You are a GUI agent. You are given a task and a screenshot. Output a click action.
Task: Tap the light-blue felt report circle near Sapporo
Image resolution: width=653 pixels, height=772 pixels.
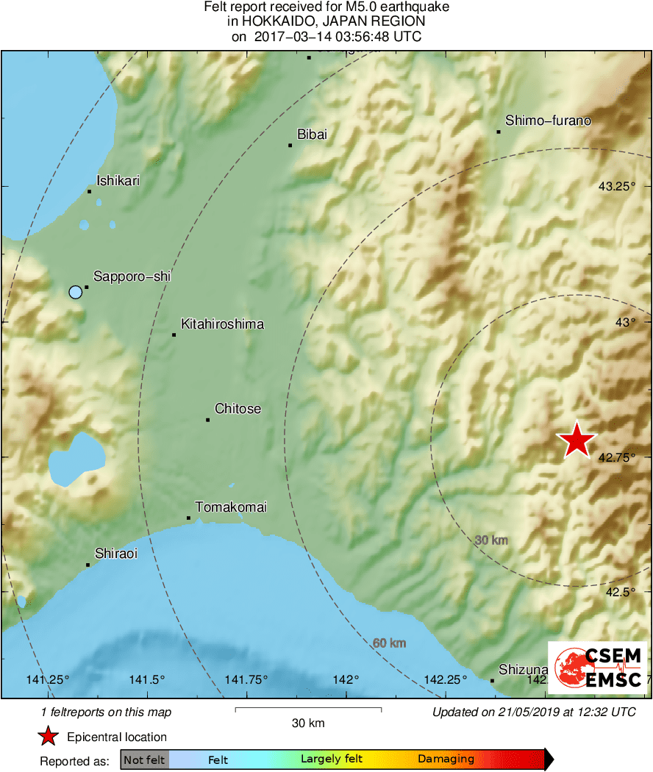[x=75, y=293]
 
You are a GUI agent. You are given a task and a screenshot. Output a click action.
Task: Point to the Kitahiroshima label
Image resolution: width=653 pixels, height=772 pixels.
[x=222, y=324]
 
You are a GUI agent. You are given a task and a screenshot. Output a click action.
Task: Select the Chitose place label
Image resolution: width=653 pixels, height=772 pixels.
[x=238, y=409]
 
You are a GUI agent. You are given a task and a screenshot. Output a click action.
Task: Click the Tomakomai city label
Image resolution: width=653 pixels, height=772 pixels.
[x=231, y=507]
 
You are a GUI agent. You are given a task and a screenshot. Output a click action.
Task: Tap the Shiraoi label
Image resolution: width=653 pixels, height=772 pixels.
[x=116, y=554]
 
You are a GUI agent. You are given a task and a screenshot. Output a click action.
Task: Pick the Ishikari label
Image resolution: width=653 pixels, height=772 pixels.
[x=118, y=180]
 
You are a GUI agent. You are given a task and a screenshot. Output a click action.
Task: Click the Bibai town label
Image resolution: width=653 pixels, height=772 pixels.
[x=312, y=135]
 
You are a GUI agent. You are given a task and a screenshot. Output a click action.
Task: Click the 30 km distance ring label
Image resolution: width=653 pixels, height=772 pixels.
[x=491, y=540]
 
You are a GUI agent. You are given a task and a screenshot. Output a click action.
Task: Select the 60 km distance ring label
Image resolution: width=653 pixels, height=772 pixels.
[x=389, y=643]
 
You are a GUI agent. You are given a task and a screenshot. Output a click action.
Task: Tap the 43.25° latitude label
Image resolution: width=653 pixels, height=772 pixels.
[x=616, y=187]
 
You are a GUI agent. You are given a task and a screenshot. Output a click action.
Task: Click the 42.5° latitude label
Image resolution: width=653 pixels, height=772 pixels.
[x=620, y=592]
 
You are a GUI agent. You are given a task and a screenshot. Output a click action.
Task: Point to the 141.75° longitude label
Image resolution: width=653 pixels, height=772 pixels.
[x=246, y=679]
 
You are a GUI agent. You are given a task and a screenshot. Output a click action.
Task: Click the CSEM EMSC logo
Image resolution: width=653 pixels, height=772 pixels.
[x=597, y=667]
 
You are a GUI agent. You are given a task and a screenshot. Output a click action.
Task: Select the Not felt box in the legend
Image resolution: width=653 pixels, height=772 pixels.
[x=144, y=760]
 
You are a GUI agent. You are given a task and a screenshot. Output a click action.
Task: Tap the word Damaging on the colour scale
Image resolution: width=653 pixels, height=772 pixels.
[x=446, y=760]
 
